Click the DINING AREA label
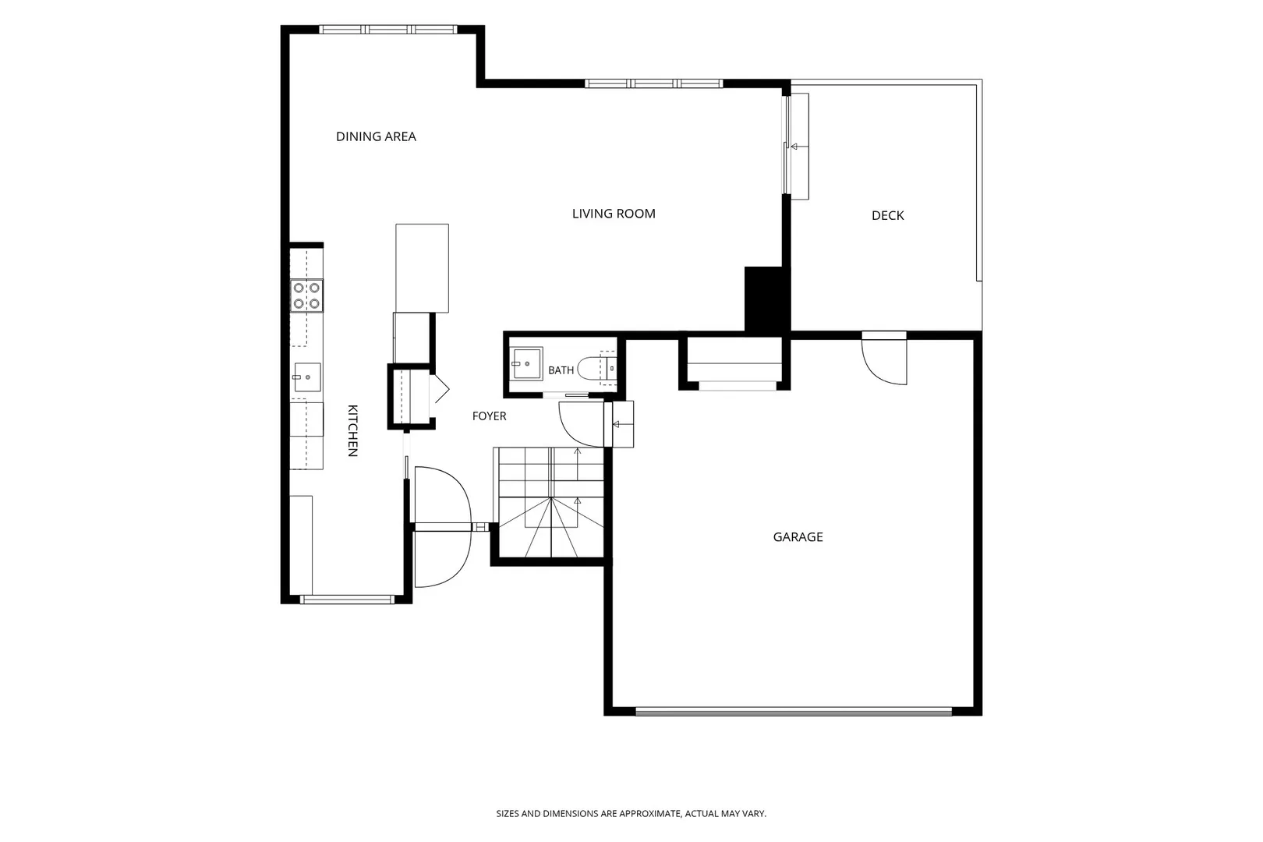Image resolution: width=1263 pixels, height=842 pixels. [x=376, y=136]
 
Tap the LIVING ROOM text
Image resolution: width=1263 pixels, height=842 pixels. [x=614, y=214]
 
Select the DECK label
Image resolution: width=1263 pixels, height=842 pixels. [x=887, y=215]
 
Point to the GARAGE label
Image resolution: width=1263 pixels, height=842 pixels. [x=798, y=537]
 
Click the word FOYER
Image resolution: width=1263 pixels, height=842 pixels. [x=490, y=416]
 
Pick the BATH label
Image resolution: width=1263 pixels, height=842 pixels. [x=561, y=370]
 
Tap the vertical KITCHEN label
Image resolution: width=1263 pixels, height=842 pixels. [x=353, y=430]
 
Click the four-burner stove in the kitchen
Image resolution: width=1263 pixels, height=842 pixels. [x=306, y=295]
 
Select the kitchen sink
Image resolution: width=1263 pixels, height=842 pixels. [x=306, y=377]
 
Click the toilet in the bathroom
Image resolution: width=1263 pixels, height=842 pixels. [x=597, y=368]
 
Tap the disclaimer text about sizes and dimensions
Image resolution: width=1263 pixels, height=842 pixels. [x=631, y=813]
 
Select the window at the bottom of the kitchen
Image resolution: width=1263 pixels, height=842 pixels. [x=348, y=600]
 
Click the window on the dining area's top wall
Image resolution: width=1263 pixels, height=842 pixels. [x=388, y=30]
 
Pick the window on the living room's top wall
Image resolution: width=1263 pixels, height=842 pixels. [x=653, y=83]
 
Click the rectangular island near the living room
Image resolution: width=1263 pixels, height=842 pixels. [x=423, y=268]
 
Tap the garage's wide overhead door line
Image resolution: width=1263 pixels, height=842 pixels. [x=794, y=711]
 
